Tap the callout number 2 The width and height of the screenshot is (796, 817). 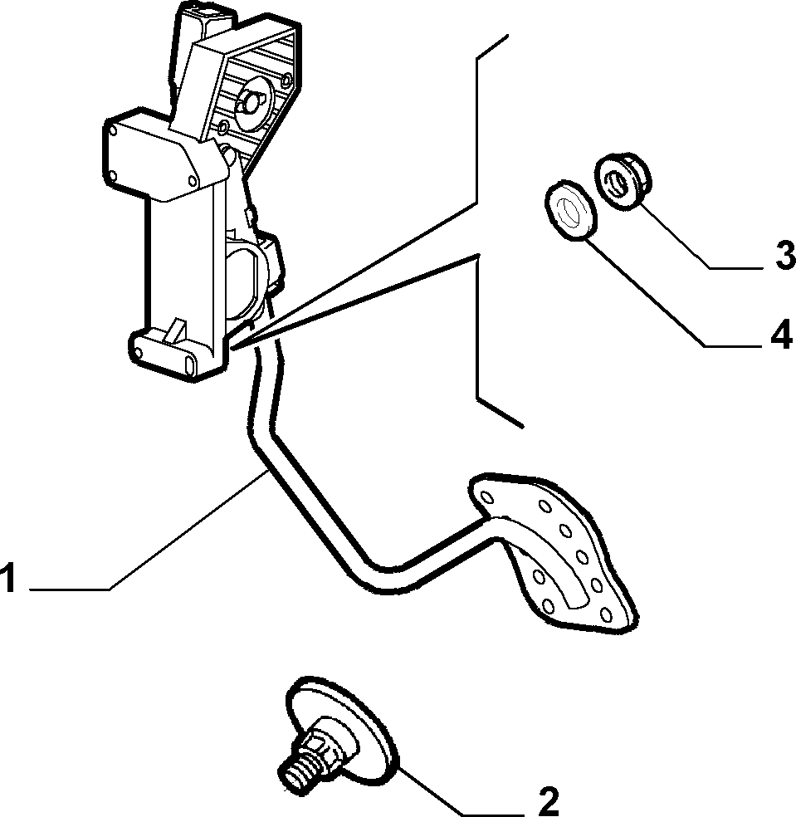(x=548, y=802)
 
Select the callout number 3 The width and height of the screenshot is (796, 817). (x=784, y=257)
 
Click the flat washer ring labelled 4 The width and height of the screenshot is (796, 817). (x=570, y=212)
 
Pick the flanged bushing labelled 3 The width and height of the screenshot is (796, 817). (x=623, y=181)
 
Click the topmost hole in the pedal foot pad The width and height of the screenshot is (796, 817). (x=487, y=497)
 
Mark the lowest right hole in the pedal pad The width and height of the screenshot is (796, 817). (x=606, y=614)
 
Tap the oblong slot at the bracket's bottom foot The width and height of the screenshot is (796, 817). (x=191, y=364)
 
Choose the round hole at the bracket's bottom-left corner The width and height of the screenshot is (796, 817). (x=138, y=353)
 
